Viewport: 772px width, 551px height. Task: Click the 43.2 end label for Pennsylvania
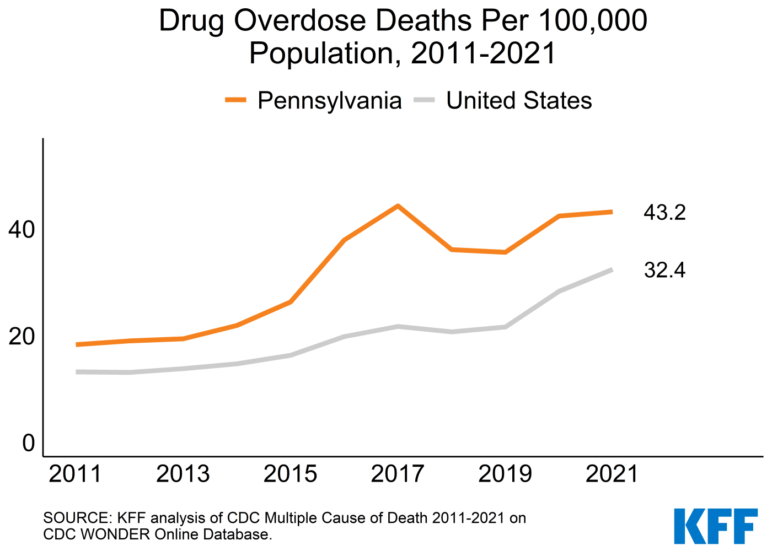click(664, 212)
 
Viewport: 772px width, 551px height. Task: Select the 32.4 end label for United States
click(664, 271)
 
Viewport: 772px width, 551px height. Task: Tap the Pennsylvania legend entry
click(329, 101)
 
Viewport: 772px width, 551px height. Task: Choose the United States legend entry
click(519, 101)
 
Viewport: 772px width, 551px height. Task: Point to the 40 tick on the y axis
click(22, 230)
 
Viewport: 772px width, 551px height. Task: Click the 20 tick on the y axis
click(22, 337)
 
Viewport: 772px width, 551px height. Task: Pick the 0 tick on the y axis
click(28, 444)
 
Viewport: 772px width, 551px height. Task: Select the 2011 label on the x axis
click(76, 474)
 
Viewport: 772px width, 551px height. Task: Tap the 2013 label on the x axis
click(183, 474)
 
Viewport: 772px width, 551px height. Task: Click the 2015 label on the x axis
click(290, 474)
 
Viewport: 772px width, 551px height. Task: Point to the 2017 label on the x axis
click(398, 474)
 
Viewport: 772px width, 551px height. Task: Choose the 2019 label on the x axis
click(505, 474)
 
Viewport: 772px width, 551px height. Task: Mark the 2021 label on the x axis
click(612, 474)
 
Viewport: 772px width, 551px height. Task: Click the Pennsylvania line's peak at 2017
click(398, 206)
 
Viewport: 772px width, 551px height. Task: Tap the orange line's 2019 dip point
click(505, 252)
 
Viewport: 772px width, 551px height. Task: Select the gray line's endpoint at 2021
click(612, 269)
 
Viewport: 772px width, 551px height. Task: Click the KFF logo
click(715, 526)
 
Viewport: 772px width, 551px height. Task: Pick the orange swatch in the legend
click(235, 100)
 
